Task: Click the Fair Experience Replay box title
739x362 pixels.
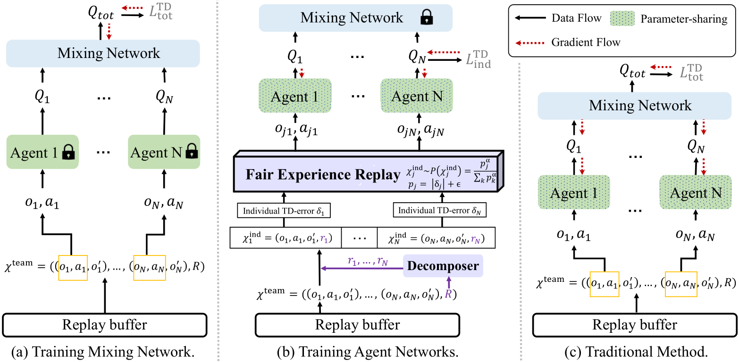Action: coord(323,174)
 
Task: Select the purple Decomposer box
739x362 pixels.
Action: coord(443,265)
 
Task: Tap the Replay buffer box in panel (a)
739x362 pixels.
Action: coord(105,325)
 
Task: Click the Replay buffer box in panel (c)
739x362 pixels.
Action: coord(634,325)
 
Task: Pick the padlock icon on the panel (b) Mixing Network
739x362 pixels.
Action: coord(426,17)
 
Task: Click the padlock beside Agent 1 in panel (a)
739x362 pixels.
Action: coord(68,152)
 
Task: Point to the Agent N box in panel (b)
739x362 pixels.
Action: coord(417,96)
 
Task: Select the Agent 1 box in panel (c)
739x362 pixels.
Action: coord(574,192)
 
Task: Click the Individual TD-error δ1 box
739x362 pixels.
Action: coord(284,211)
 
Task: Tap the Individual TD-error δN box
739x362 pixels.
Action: coord(439,210)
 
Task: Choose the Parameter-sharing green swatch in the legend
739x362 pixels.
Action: coord(622,18)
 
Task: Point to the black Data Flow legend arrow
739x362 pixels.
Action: coord(530,18)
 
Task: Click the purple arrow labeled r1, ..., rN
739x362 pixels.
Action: coord(362,269)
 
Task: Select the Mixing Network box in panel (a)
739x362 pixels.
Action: coord(103,53)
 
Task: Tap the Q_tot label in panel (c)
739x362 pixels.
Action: coord(632,71)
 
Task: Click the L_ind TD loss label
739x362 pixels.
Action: coord(478,59)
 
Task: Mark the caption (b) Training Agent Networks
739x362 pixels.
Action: coord(368,352)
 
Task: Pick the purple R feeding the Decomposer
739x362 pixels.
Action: coord(448,294)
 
